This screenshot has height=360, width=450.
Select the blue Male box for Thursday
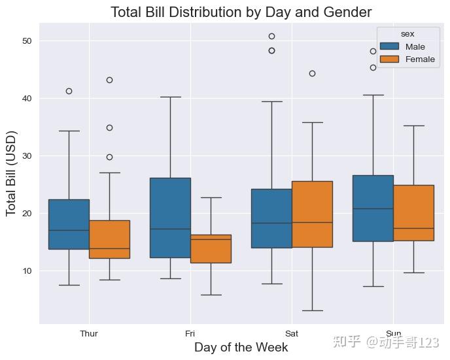[69, 224]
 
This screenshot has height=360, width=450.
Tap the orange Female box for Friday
[211, 249]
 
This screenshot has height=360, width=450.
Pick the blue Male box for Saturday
[272, 218]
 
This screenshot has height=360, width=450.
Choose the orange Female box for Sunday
[413, 213]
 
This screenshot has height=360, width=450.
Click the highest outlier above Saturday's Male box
[272, 36]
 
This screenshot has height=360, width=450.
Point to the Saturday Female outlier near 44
[312, 74]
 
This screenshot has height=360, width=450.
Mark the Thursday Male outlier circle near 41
[69, 91]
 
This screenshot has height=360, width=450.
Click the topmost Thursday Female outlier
[109, 80]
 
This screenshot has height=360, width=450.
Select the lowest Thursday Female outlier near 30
[109, 157]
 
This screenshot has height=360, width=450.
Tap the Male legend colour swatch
[389, 46]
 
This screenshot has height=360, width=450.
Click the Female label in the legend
[420, 59]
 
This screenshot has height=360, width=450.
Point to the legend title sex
[407, 34]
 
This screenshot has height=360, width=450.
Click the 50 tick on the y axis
[27, 41]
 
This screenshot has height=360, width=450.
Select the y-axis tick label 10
[27, 271]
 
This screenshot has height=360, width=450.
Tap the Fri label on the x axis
[190, 334]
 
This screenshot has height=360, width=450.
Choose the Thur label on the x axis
[89, 334]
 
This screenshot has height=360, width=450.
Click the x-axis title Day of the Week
[241, 348]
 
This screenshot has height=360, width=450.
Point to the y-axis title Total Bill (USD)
[12, 174]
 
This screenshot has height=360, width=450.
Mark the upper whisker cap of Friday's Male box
[171, 97]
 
